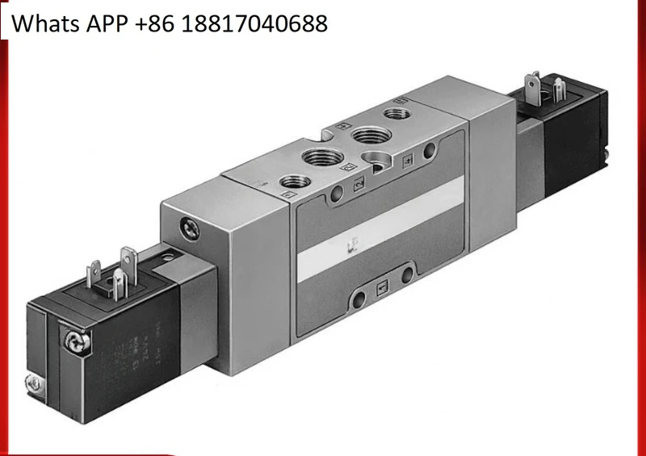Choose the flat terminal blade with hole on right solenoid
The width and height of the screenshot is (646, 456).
[x=533, y=83]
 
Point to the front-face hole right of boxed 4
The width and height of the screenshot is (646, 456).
[x=431, y=149]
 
